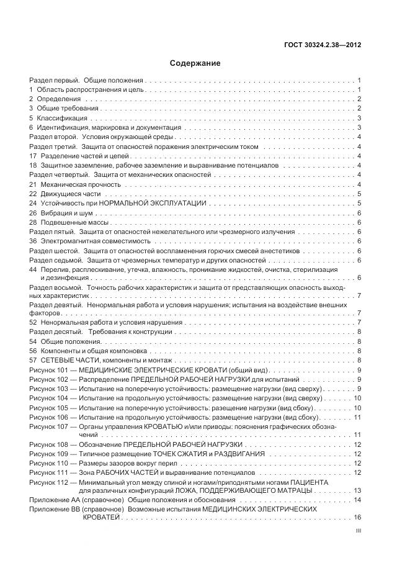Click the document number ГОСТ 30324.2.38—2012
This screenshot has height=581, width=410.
coord(324,44)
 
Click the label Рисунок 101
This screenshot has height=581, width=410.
coord(50,370)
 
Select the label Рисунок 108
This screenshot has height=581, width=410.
coord(50,444)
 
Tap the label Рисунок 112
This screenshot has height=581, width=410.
coord(50,482)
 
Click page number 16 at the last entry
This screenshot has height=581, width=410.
coord(358,518)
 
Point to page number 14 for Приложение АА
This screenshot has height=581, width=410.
coord(358,500)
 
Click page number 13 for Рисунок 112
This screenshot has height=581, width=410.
coord(358,490)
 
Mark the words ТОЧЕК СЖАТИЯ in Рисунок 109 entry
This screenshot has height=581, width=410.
coord(170,454)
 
